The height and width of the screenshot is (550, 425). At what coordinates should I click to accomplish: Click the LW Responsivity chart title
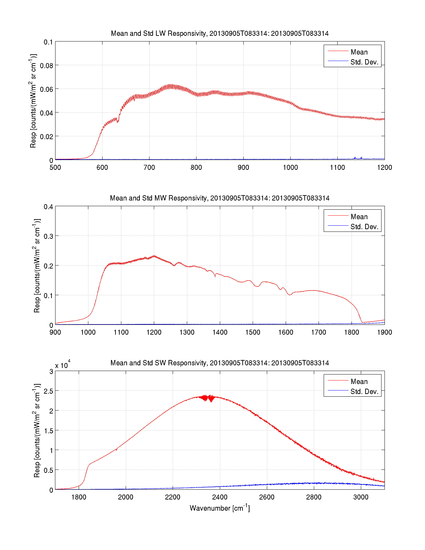pos(219,33)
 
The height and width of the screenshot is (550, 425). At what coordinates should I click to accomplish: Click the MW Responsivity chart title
pos(219,198)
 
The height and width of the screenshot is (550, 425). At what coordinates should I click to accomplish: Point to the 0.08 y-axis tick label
pos(46,66)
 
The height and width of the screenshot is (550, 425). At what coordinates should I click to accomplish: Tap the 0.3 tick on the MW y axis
pos(48,236)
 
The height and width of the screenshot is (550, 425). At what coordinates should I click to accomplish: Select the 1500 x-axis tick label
pos(253,332)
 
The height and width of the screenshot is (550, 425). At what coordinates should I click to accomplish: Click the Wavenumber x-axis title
pos(219,508)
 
